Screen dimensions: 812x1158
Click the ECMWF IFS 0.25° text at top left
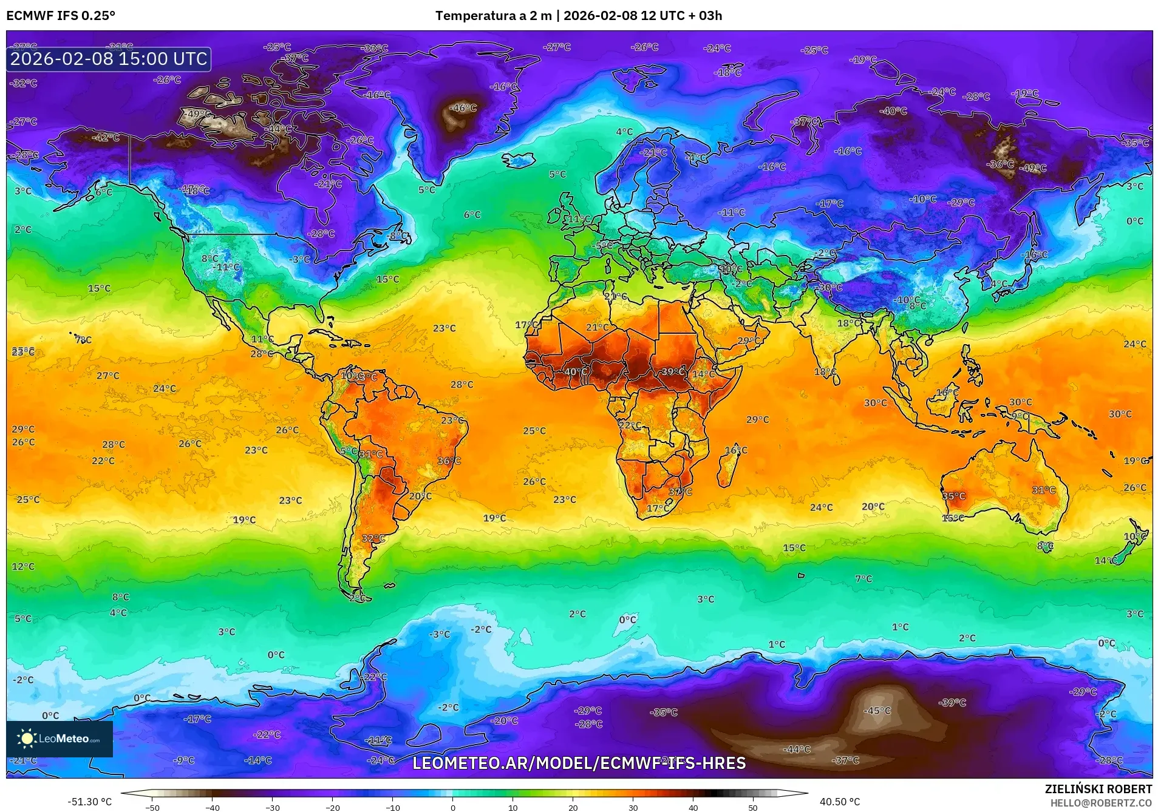click(61, 16)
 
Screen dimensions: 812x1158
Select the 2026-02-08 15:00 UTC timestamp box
click(109, 59)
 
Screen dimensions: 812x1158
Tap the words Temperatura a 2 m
click(493, 16)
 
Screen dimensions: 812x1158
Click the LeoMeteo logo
click(60, 739)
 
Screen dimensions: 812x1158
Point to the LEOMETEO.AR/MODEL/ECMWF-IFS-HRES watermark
click(579, 763)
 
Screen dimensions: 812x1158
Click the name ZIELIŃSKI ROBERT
click(1098, 789)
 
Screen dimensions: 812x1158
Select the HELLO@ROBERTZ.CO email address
click(1101, 802)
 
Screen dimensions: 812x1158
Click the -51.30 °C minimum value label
click(89, 802)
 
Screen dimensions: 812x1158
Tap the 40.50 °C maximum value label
click(839, 802)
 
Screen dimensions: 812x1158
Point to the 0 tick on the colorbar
click(452, 807)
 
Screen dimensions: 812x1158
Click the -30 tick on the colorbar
click(273, 807)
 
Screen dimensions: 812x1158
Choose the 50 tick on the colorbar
click(753, 807)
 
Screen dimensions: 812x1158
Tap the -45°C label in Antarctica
click(877, 711)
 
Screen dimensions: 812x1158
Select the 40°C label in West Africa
click(576, 372)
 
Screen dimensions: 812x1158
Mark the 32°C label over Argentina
click(373, 538)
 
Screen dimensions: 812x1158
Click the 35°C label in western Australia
click(953, 496)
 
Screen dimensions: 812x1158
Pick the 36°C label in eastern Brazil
click(449, 461)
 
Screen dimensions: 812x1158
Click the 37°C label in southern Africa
click(680, 492)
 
